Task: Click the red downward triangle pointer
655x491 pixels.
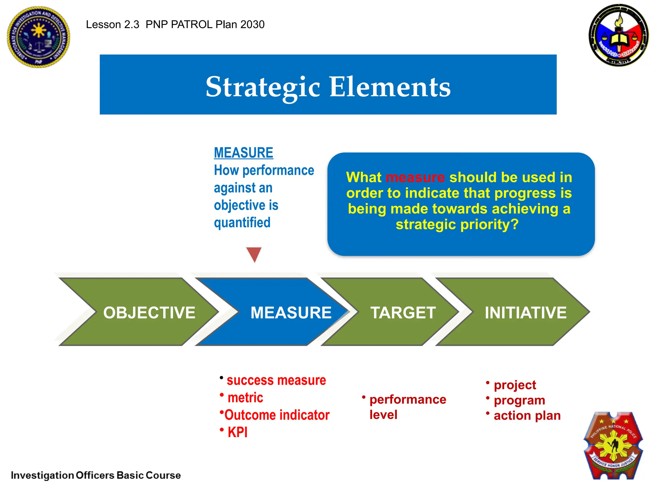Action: [x=254, y=254]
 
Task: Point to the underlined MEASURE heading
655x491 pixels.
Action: [x=243, y=153]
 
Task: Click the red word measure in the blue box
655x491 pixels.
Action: [x=415, y=177]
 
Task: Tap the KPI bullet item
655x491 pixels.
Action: [x=237, y=432]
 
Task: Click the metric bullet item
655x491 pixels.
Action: [x=245, y=398]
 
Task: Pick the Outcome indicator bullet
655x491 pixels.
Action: [x=277, y=415]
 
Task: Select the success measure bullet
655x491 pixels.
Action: [x=276, y=380]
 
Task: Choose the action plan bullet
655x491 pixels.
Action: [x=527, y=416]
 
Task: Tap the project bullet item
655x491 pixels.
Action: [x=515, y=385]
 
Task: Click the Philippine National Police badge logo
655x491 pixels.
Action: [x=613, y=446]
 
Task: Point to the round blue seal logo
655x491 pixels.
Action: [x=38, y=37]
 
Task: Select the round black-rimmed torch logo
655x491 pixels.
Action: [x=619, y=35]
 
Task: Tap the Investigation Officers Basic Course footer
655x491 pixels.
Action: [x=96, y=475]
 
